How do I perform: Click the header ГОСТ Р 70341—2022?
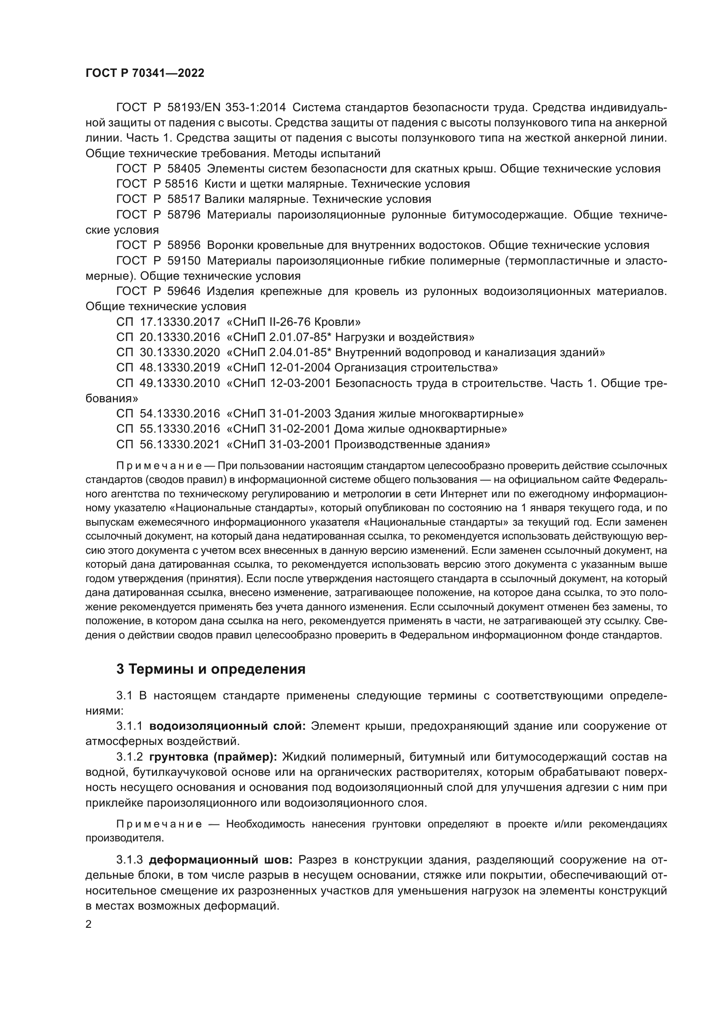tap(145, 73)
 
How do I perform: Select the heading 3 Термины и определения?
tap(211, 669)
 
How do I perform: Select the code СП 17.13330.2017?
tap(168, 322)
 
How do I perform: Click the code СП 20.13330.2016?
tap(168, 337)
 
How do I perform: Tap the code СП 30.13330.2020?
tap(168, 353)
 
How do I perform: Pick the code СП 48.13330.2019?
tap(168, 368)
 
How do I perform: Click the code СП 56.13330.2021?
tap(168, 444)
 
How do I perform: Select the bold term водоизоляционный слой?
tap(227, 726)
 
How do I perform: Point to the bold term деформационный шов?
tap(220, 860)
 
